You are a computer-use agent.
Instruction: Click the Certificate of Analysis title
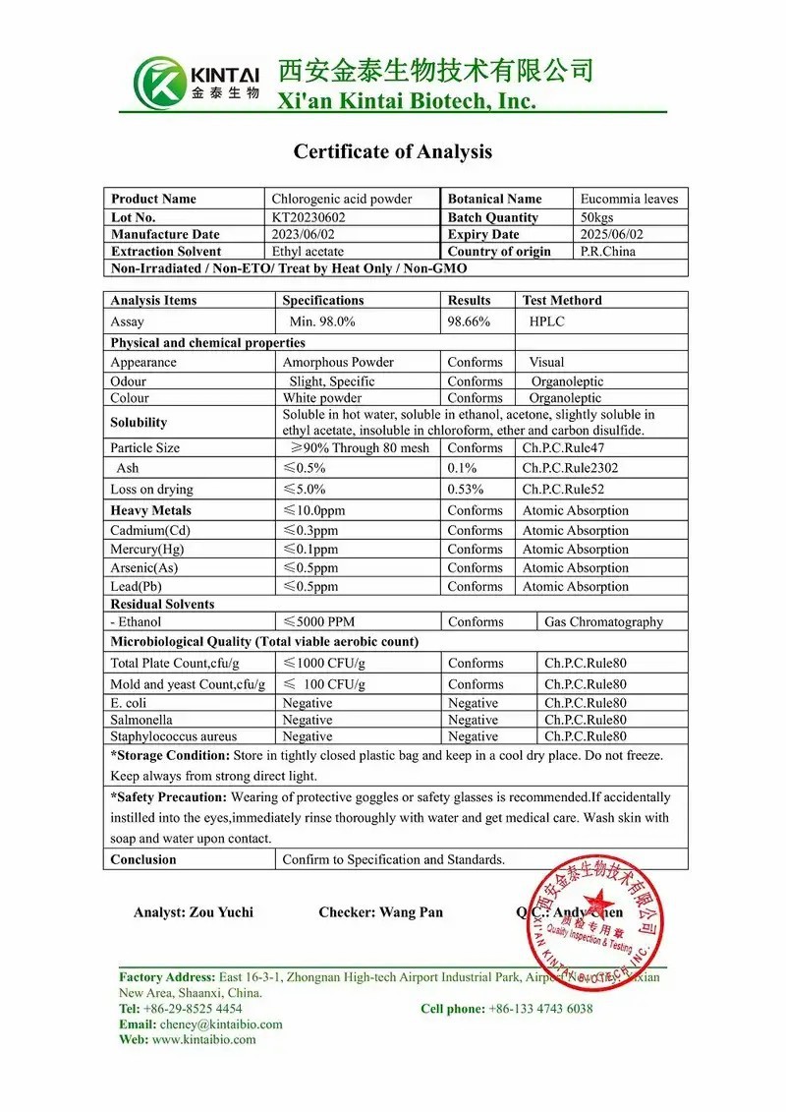tap(392, 151)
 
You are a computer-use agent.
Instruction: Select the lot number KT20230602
tap(309, 217)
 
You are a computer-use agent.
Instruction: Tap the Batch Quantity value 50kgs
tap(599, 217)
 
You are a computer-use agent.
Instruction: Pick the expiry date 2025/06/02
tap(612, 234)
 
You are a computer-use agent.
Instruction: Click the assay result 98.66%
tap(469, 322)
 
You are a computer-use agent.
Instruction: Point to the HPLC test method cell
tap(547, 322)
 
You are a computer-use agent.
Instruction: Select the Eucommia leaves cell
tap(629, 199)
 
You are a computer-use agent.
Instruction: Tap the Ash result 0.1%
tap(459, 468)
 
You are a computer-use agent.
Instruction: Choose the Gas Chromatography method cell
tap(603, 621)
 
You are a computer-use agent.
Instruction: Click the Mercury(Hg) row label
tap(147, 549)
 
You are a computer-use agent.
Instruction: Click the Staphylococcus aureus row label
tap(174, 735)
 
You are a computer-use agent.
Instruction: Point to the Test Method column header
tap(562, 300)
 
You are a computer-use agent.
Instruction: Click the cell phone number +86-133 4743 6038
tap(540, 1008)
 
